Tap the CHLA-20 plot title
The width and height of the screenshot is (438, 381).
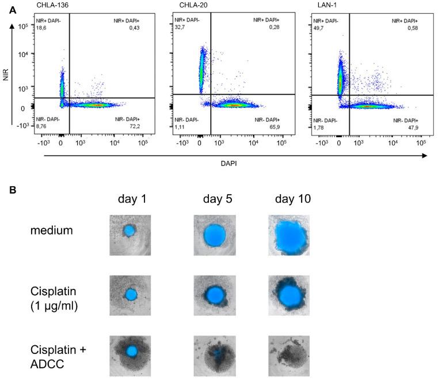[x=186, y=5]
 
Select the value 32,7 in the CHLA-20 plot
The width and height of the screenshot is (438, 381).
[x=181, y=26]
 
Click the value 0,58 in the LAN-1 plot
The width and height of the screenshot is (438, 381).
[x=412, y=26]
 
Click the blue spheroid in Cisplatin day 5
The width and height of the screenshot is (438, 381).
[x=215, y=294]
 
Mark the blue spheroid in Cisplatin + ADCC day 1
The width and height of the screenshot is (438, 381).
[x=131, y=351]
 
